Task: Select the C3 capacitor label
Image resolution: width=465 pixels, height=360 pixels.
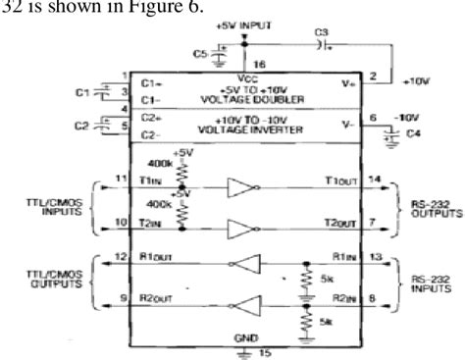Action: click(322, 34)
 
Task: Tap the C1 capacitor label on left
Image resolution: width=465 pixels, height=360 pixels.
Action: click(82, 91)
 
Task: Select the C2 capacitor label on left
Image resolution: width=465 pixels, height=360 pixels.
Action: click(82, 126)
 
